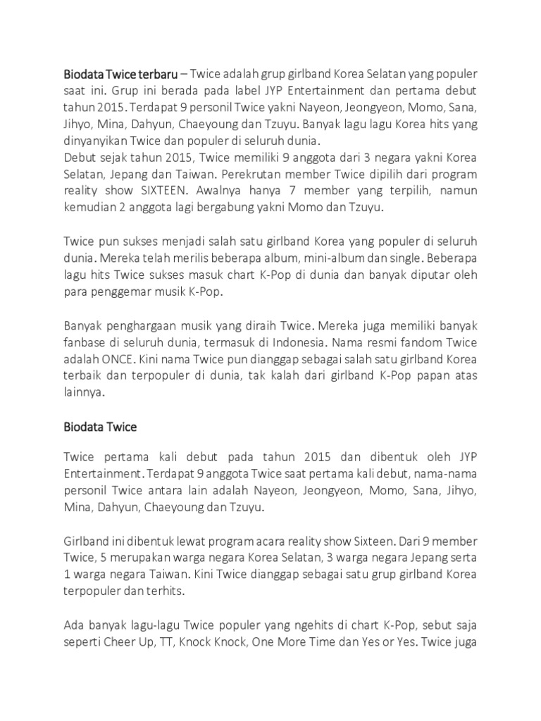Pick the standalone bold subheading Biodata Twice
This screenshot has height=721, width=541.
pos(100,427)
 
